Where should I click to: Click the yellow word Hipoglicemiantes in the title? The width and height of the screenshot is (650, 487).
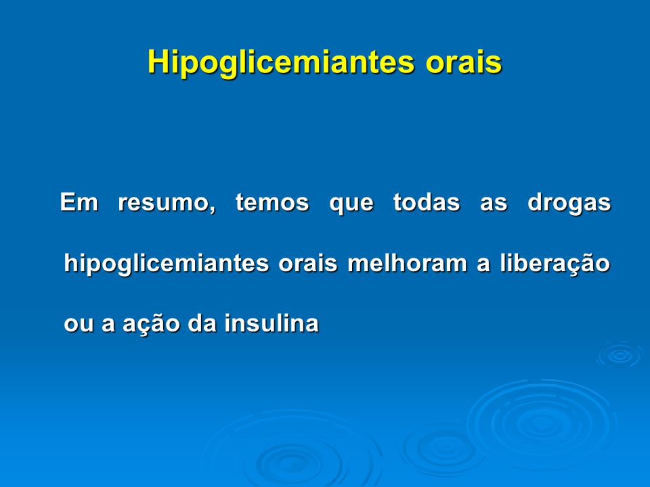[281, 62]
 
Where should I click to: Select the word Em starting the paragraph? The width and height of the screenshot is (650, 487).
[79, 202]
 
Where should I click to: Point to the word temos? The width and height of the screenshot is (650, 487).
[272, 202]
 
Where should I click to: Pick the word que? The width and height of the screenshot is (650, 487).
[351, 204]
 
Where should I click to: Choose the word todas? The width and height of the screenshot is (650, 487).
[426, 202]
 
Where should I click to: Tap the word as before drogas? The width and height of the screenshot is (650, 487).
[494, 204]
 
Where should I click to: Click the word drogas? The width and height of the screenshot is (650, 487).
[569, 204]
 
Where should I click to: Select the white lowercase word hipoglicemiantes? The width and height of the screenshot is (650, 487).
[167, 264]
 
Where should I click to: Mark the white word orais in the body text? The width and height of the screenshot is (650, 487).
[307, 263]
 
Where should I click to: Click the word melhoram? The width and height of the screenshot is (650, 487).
[407, 263]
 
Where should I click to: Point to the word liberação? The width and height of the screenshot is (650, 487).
[555, 263]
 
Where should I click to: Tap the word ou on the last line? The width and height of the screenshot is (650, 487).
[78, 324]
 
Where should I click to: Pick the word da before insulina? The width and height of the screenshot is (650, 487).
[202, 323]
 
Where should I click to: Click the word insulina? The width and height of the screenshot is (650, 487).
[272, 323]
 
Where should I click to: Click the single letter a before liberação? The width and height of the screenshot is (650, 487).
[483, 264]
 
